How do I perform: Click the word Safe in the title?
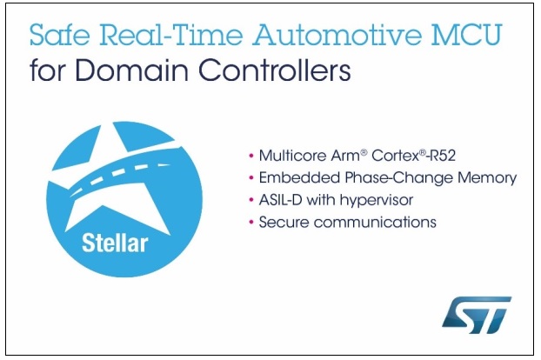[60, 35]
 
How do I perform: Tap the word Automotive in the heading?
[337, 35]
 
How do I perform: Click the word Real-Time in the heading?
[171, 35]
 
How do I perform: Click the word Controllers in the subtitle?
[274, 70]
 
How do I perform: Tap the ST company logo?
[477, 314]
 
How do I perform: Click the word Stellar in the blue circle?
[115, 243]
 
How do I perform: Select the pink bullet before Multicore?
[251, 156]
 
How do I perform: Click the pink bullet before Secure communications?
[251, 222]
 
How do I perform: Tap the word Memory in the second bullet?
[487, 178]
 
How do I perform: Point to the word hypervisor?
[377, 201]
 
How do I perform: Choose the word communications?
[375, 222]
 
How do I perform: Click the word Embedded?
[300, 178]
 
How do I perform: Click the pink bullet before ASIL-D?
[251, 200]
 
